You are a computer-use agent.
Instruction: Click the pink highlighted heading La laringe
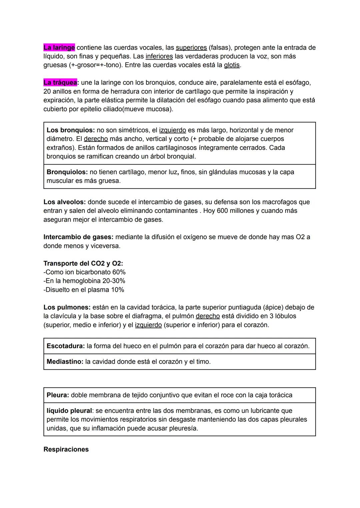[59, 48]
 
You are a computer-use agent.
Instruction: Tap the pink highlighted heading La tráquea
[60, 83]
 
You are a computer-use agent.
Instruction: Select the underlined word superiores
[191, 48]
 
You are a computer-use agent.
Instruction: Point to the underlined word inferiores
[159, 56]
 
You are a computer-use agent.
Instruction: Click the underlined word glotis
[231, 65]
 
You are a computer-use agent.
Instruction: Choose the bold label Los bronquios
[70, 130]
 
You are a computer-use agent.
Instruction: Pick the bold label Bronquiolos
[67, 172]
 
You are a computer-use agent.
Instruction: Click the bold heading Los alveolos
[64, 202]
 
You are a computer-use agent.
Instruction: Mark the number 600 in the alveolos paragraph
[222, 211]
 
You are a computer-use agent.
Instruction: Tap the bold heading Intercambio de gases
[78, 237]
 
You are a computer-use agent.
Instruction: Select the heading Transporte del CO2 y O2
[83, 263]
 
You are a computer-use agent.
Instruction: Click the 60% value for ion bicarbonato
[119, 272]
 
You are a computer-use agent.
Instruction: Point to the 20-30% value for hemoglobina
[114, 281]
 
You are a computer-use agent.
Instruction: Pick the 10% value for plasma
[117, 290]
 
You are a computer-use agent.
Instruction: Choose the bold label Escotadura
[65, 346]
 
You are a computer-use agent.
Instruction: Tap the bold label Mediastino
[65, 362]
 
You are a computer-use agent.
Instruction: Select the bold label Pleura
[58, 395]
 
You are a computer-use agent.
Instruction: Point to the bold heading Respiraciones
[66, 449]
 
